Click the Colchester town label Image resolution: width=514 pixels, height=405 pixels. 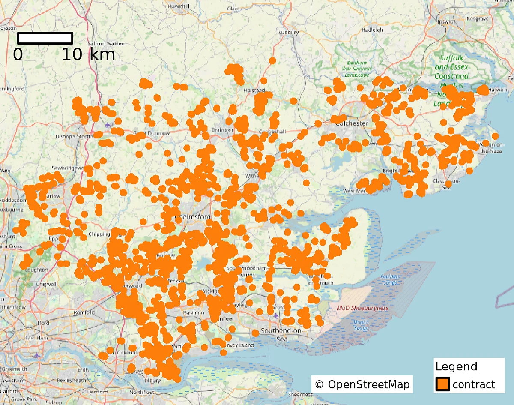(x=352, y=123)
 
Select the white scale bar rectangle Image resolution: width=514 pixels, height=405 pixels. (x=45, y=38)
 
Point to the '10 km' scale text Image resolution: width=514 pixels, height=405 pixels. (x=88, y=55)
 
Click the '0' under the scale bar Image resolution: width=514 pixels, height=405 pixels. (x=18, y=55)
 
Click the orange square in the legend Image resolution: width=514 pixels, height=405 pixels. (x=442, y=384)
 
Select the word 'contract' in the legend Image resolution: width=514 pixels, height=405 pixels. (x=474, y=384)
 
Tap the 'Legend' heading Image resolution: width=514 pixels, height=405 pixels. (x=456, y=367)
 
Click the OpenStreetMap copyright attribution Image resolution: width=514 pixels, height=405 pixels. (x=362, y=384)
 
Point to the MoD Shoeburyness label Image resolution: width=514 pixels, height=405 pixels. (x=362, y=308)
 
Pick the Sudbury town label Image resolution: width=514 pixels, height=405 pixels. (x=288, y=32)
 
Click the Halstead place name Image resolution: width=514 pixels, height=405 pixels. (x=254, y=90)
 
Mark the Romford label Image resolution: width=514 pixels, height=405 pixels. (x=84, y=312)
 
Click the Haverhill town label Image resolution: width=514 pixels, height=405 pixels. (x=182, y=6)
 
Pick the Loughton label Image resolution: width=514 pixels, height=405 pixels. (x=36, y=270)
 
